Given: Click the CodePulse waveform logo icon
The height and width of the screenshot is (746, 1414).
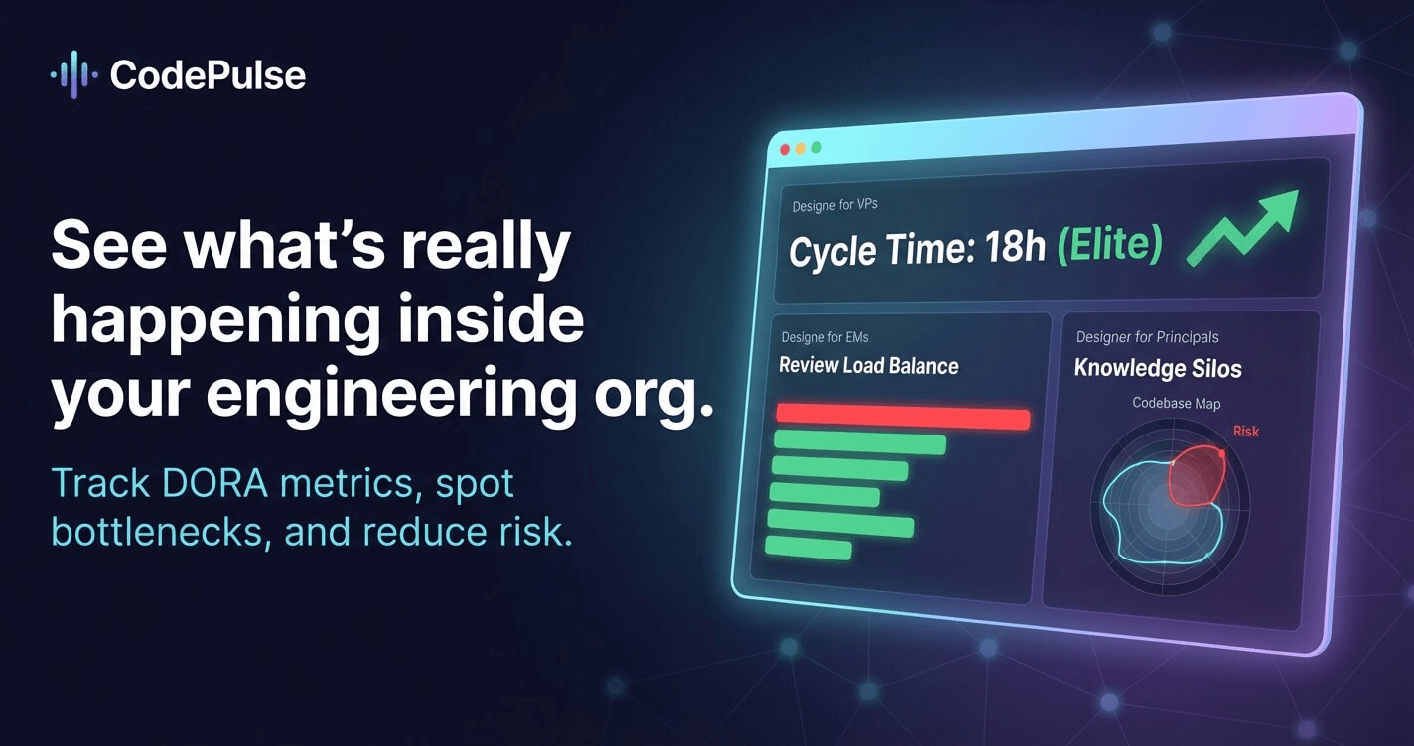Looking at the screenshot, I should [74, 74].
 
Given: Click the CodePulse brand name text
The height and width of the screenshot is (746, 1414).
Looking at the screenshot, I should [208, 75].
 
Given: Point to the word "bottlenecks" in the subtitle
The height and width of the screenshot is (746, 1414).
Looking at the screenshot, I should [158, 532].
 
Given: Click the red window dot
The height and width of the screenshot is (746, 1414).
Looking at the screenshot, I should [785, 150].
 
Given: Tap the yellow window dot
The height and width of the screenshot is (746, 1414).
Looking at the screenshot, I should [801, 149].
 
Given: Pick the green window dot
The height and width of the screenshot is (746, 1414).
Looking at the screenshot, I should [816, 148].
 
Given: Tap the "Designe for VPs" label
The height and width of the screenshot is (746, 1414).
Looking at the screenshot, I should [834, 206].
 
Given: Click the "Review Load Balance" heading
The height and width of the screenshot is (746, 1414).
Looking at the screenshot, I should [869, 365].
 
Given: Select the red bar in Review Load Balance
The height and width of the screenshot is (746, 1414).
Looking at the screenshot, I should [903, 417].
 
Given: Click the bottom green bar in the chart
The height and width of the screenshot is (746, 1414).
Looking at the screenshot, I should [807, 548].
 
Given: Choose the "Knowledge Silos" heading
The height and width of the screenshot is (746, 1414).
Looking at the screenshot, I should [1158, 369].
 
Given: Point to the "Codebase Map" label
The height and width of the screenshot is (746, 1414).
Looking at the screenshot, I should [1177, 403].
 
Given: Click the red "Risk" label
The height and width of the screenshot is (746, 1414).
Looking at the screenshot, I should [1246, 431].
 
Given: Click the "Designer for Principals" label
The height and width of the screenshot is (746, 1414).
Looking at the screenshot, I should [1147, 337].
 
